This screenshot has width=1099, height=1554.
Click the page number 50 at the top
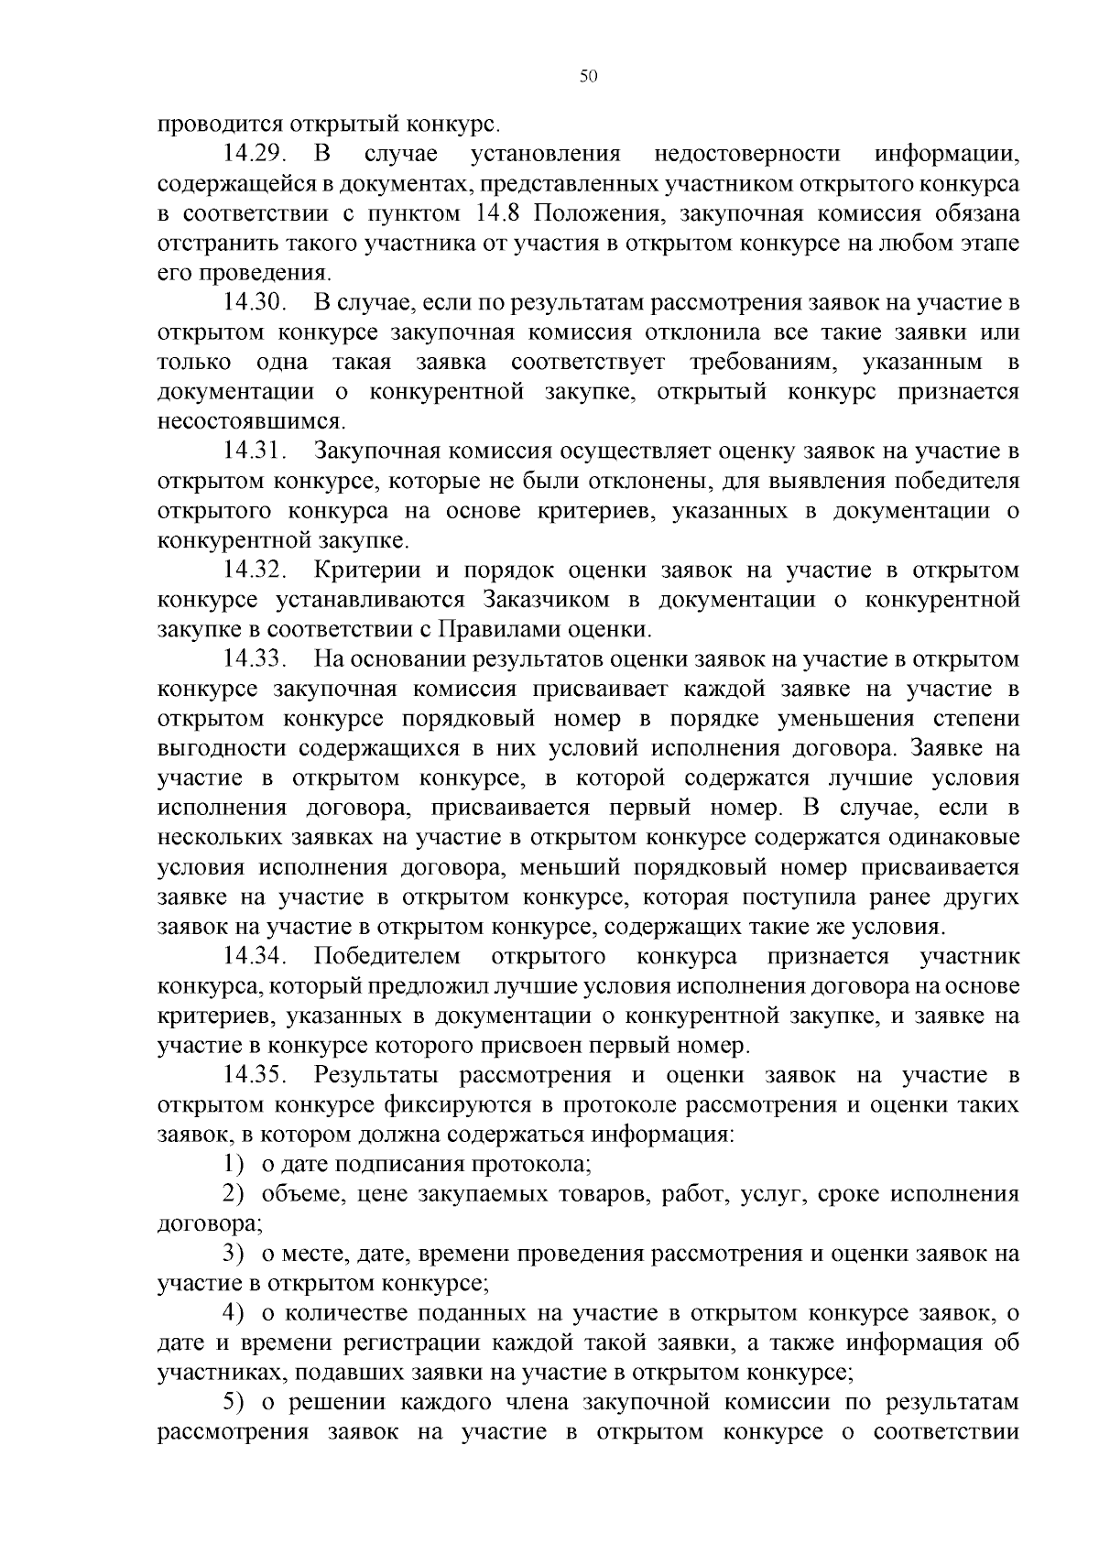[588, 77]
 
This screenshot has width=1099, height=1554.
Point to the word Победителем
[387, 956]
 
